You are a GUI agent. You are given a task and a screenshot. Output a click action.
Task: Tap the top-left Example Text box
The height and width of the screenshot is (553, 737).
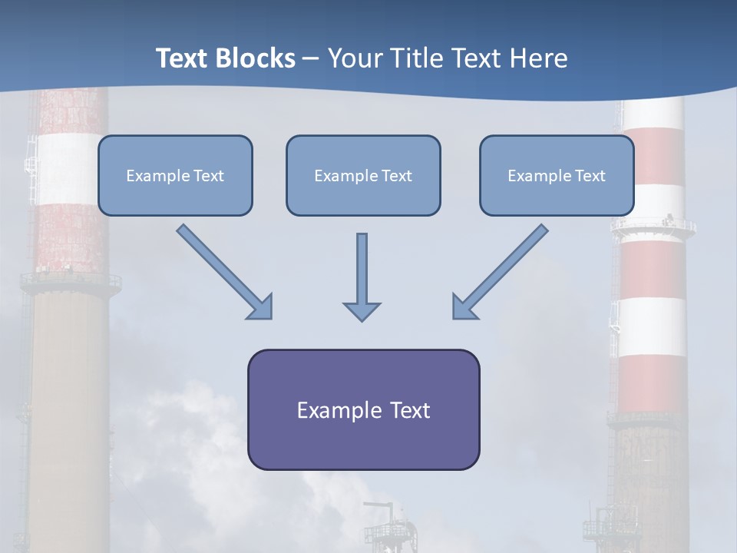pyautogui.click(x=175, y=176)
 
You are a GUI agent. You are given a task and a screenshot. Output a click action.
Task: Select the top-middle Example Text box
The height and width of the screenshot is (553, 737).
pyautogui.click(x=363, y=176)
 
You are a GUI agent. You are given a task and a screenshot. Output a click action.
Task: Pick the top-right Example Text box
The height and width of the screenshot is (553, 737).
pyautogui.click(x=557, y=176)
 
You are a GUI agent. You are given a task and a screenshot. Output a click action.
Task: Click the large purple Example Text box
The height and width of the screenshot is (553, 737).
pyautogui.click(x=363, y=410)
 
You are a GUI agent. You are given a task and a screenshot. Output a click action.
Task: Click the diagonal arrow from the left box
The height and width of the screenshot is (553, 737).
pyautogui.click(x=223, y=270)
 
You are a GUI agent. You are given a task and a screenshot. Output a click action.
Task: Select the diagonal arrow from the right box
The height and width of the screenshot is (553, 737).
pyautogui.click(x=501, y=270)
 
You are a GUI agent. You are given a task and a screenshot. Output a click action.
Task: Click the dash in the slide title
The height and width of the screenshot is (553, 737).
pyautogui.click(x=311, y=58)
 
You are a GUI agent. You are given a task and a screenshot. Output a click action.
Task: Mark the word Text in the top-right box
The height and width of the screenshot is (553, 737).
pyautogui.click(x=590, y=176)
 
